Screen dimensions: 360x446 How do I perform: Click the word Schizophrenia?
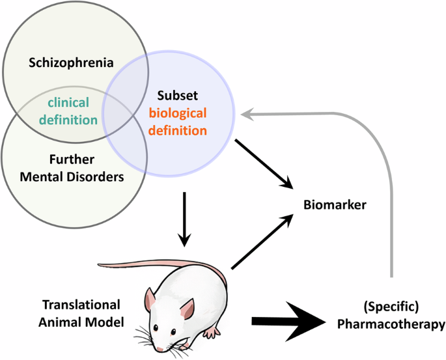[71, 63]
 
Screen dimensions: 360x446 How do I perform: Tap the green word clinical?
[72, 103]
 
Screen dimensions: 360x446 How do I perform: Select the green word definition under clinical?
[72, 119]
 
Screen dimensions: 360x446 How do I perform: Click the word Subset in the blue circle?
[173, 96]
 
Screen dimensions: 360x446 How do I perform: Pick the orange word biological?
[177, 113]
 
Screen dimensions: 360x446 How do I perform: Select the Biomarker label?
[335, 205]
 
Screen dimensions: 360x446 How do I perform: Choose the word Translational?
[81, 304]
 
